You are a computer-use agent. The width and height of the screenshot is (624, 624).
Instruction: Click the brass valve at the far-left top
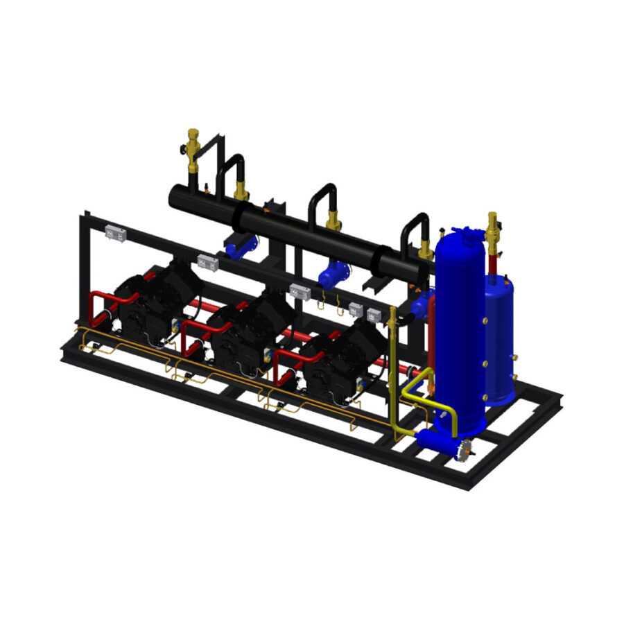pyautogui.click(x=192, y=149)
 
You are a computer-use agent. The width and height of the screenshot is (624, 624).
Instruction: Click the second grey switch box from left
pyautogui.click(x=207, y=263)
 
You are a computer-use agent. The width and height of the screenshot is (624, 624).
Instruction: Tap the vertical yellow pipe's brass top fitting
pyautogui.click(x=392, y=313)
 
